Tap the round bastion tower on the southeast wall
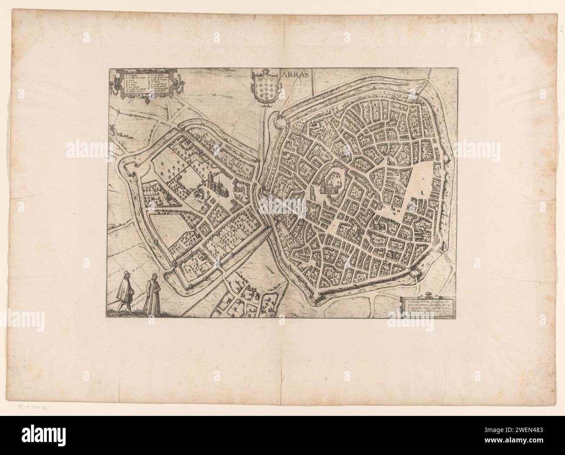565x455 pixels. tap(415, 272)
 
